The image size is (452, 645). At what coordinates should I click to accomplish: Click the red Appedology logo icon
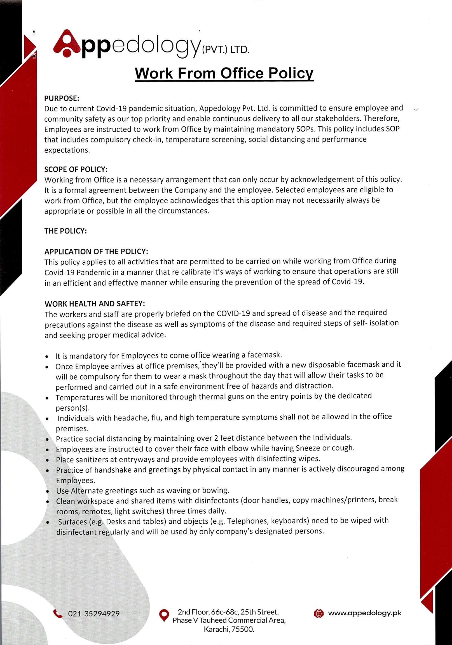[x=67, y=44]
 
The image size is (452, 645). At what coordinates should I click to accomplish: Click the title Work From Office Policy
[x=224, y=73]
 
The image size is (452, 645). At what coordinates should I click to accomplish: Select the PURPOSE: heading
[x=62, y=98]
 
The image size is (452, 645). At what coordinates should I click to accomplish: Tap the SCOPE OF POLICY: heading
[x=76, y=169]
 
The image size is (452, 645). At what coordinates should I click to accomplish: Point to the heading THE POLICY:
[x=66, y=231]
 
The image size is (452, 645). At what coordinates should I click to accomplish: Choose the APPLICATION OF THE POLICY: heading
[x=96, y=251]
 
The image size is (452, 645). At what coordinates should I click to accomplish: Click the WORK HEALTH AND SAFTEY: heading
[x=95, y=304]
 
